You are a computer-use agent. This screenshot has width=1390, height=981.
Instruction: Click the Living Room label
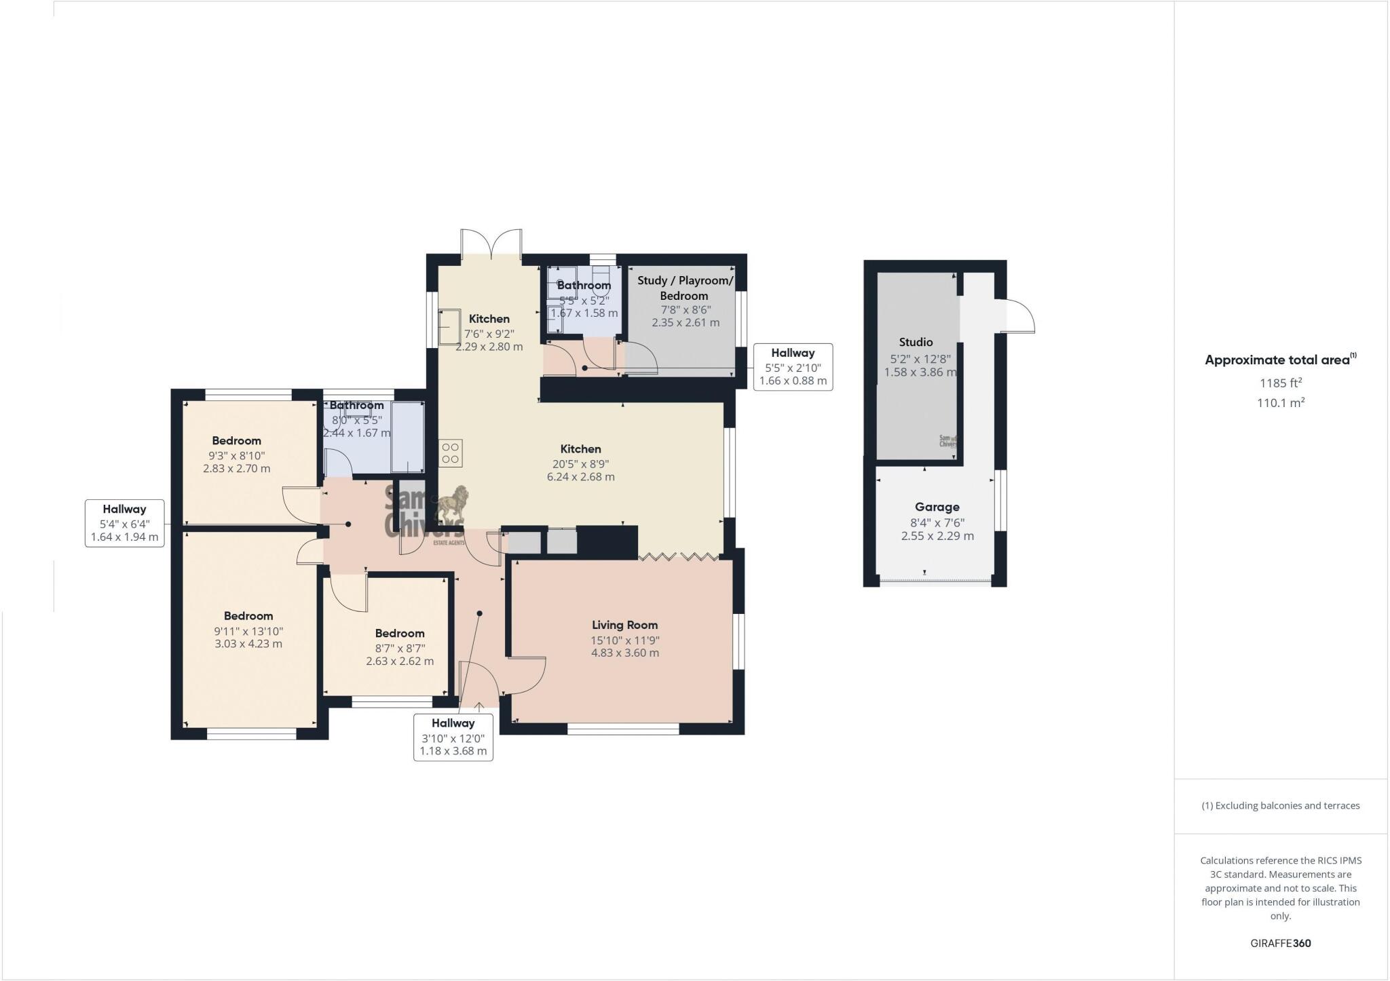(624, 625)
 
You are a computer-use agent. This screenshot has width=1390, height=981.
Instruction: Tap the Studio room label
(916, 342)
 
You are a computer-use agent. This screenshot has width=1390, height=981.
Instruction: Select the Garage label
(937, 507)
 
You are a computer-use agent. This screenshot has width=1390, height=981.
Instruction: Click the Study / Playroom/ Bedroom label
(684, 288)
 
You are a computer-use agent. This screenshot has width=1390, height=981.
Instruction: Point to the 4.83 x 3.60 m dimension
(624, 653)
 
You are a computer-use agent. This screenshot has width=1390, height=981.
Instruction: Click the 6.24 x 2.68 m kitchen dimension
(580, 477)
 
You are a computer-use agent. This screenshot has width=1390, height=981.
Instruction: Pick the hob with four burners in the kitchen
(451, 453)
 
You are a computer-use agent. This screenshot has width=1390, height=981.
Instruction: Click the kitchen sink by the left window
(449, 327)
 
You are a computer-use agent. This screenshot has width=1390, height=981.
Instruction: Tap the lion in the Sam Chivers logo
(450, 505)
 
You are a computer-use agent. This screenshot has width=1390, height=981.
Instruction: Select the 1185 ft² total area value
(1280, 383)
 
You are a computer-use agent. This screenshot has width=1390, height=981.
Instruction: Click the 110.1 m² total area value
(1280, 403)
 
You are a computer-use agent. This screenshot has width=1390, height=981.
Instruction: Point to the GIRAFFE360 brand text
(1280, 943)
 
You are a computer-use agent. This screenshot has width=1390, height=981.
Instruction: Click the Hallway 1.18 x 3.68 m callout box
(453, 737)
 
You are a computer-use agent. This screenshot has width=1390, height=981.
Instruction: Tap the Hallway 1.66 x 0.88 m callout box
(792, 366)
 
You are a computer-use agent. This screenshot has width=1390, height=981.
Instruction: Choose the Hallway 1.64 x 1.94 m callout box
(124, 523)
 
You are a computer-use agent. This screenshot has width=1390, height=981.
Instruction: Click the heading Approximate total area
(1279, 360)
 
